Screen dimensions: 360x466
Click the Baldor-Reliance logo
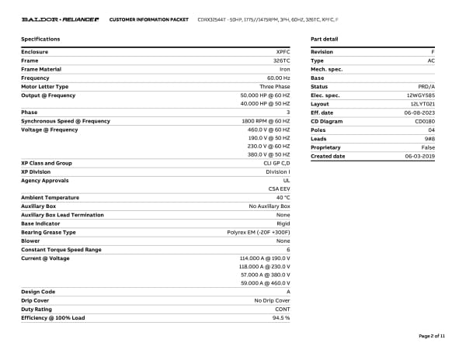(x=60, y=18)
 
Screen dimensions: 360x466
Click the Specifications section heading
(x=40, y=38)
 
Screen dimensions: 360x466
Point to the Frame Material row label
(x=41, y=69)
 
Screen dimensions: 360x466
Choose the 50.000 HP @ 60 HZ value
(x=265, y=95)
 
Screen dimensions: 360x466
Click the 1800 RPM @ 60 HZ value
(x=266, y=121)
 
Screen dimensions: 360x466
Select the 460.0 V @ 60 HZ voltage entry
(x=268, y=130)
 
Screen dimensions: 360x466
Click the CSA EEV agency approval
(x=279, y=189)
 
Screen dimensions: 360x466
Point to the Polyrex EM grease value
(x=259, y=232)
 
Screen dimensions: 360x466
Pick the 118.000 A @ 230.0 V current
(x=264, y=266)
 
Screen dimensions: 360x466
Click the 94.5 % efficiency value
(x=280, y=317)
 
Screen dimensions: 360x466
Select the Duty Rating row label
(x=37, y=309)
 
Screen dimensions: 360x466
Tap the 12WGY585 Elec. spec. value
(x=421, y=95)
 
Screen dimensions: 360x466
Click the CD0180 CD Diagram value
(x=425, y=121)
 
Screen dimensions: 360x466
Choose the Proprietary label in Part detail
(x=325, y=147)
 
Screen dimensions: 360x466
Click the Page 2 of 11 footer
(x=432, y=336)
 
